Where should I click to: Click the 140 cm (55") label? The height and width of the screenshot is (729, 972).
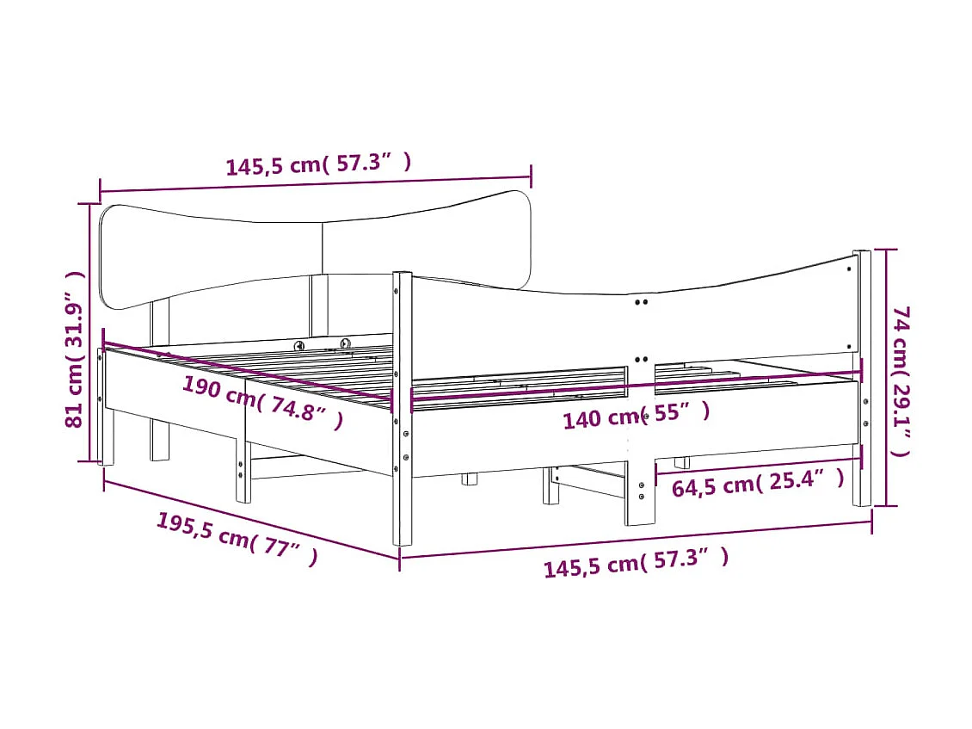point(637,416)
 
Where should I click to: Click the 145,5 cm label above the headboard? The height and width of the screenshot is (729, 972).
point(318,164)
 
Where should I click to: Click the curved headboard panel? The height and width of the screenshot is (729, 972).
point(215,250)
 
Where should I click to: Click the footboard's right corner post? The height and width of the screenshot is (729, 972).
point(861,379)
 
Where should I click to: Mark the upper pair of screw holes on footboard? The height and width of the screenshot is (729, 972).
point(641,302)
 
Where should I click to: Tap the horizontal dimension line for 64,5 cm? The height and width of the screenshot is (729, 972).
point(757,465)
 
